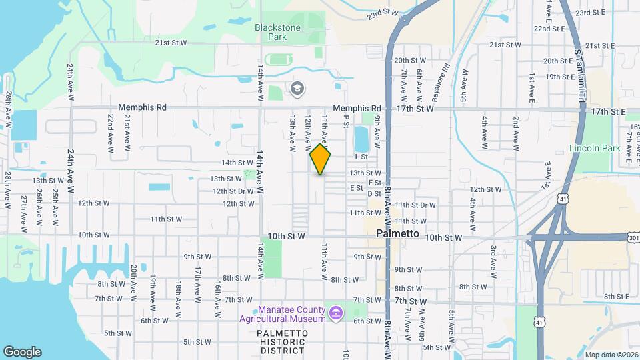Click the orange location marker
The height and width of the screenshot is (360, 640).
pos(320,160)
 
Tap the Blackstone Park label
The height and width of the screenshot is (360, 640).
pos(278,32)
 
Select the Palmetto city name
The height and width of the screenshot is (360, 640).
pos(397,234)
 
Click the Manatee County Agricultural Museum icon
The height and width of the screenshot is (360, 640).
pos(335,313)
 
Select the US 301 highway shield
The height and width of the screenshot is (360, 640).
pos(633,237)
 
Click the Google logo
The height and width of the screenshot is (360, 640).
pos(22,351)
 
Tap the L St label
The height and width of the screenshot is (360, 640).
pos(361,157)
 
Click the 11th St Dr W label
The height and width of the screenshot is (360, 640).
pos(415,205)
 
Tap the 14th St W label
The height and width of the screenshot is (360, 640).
pos(237,163)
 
